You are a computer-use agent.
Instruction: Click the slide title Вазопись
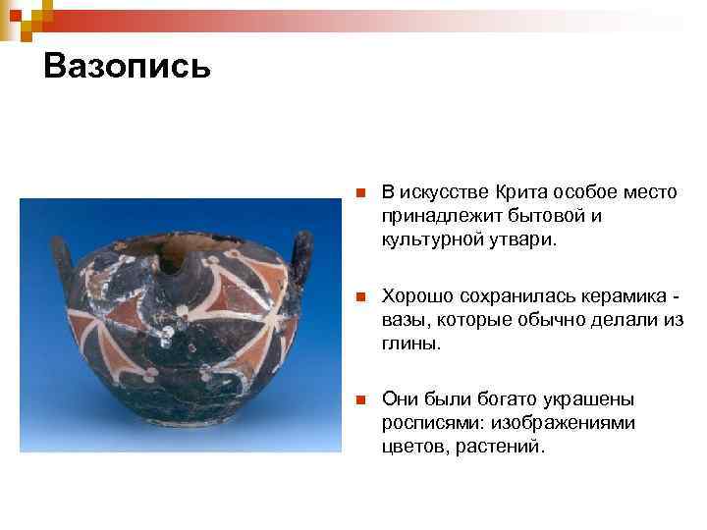coord(127,67)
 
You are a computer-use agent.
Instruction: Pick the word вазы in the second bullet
coord(404,321)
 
